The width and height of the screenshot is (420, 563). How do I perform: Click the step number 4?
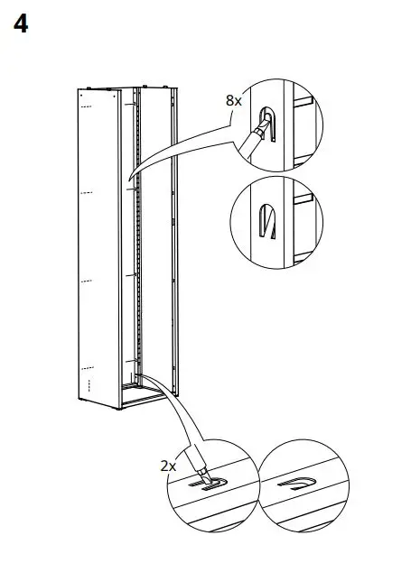point(20,24)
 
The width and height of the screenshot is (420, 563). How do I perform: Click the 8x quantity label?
point(233,100)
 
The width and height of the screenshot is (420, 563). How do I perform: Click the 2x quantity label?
point(167,466)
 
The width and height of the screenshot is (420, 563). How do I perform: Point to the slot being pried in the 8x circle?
point(267,119)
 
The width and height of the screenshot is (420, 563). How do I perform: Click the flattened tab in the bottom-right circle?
point(299,485)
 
